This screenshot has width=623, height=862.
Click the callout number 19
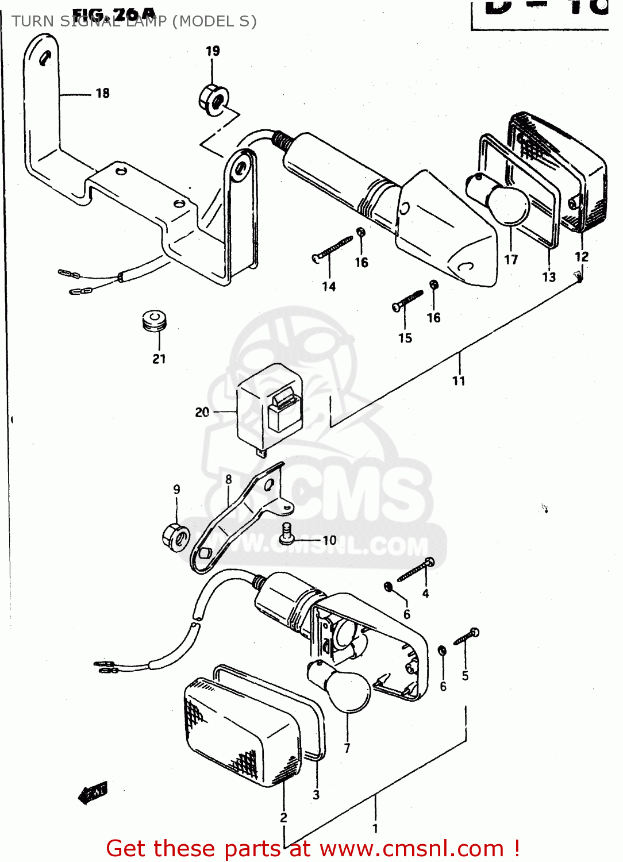pyautogui.click(x=213, y=51)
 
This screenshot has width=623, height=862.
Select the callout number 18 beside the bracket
pyautogui.click(x=102, y=93)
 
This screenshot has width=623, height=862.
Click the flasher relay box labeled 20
pyautogui.click(x=269, y=407)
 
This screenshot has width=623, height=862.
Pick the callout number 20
pyautogui.click(x=202, y=412)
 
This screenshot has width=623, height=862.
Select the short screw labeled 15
pyautogui.click(x=407, y=301)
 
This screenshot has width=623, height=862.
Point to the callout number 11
pyautogui.click(x=458, y=380)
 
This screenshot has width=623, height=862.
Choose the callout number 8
pyautogui.click(x=229, y=479)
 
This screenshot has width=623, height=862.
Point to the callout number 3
pyautogui.click(x=316, y=795)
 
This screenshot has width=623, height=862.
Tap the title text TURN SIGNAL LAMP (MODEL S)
pyautogui.click(x=133, y=21)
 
